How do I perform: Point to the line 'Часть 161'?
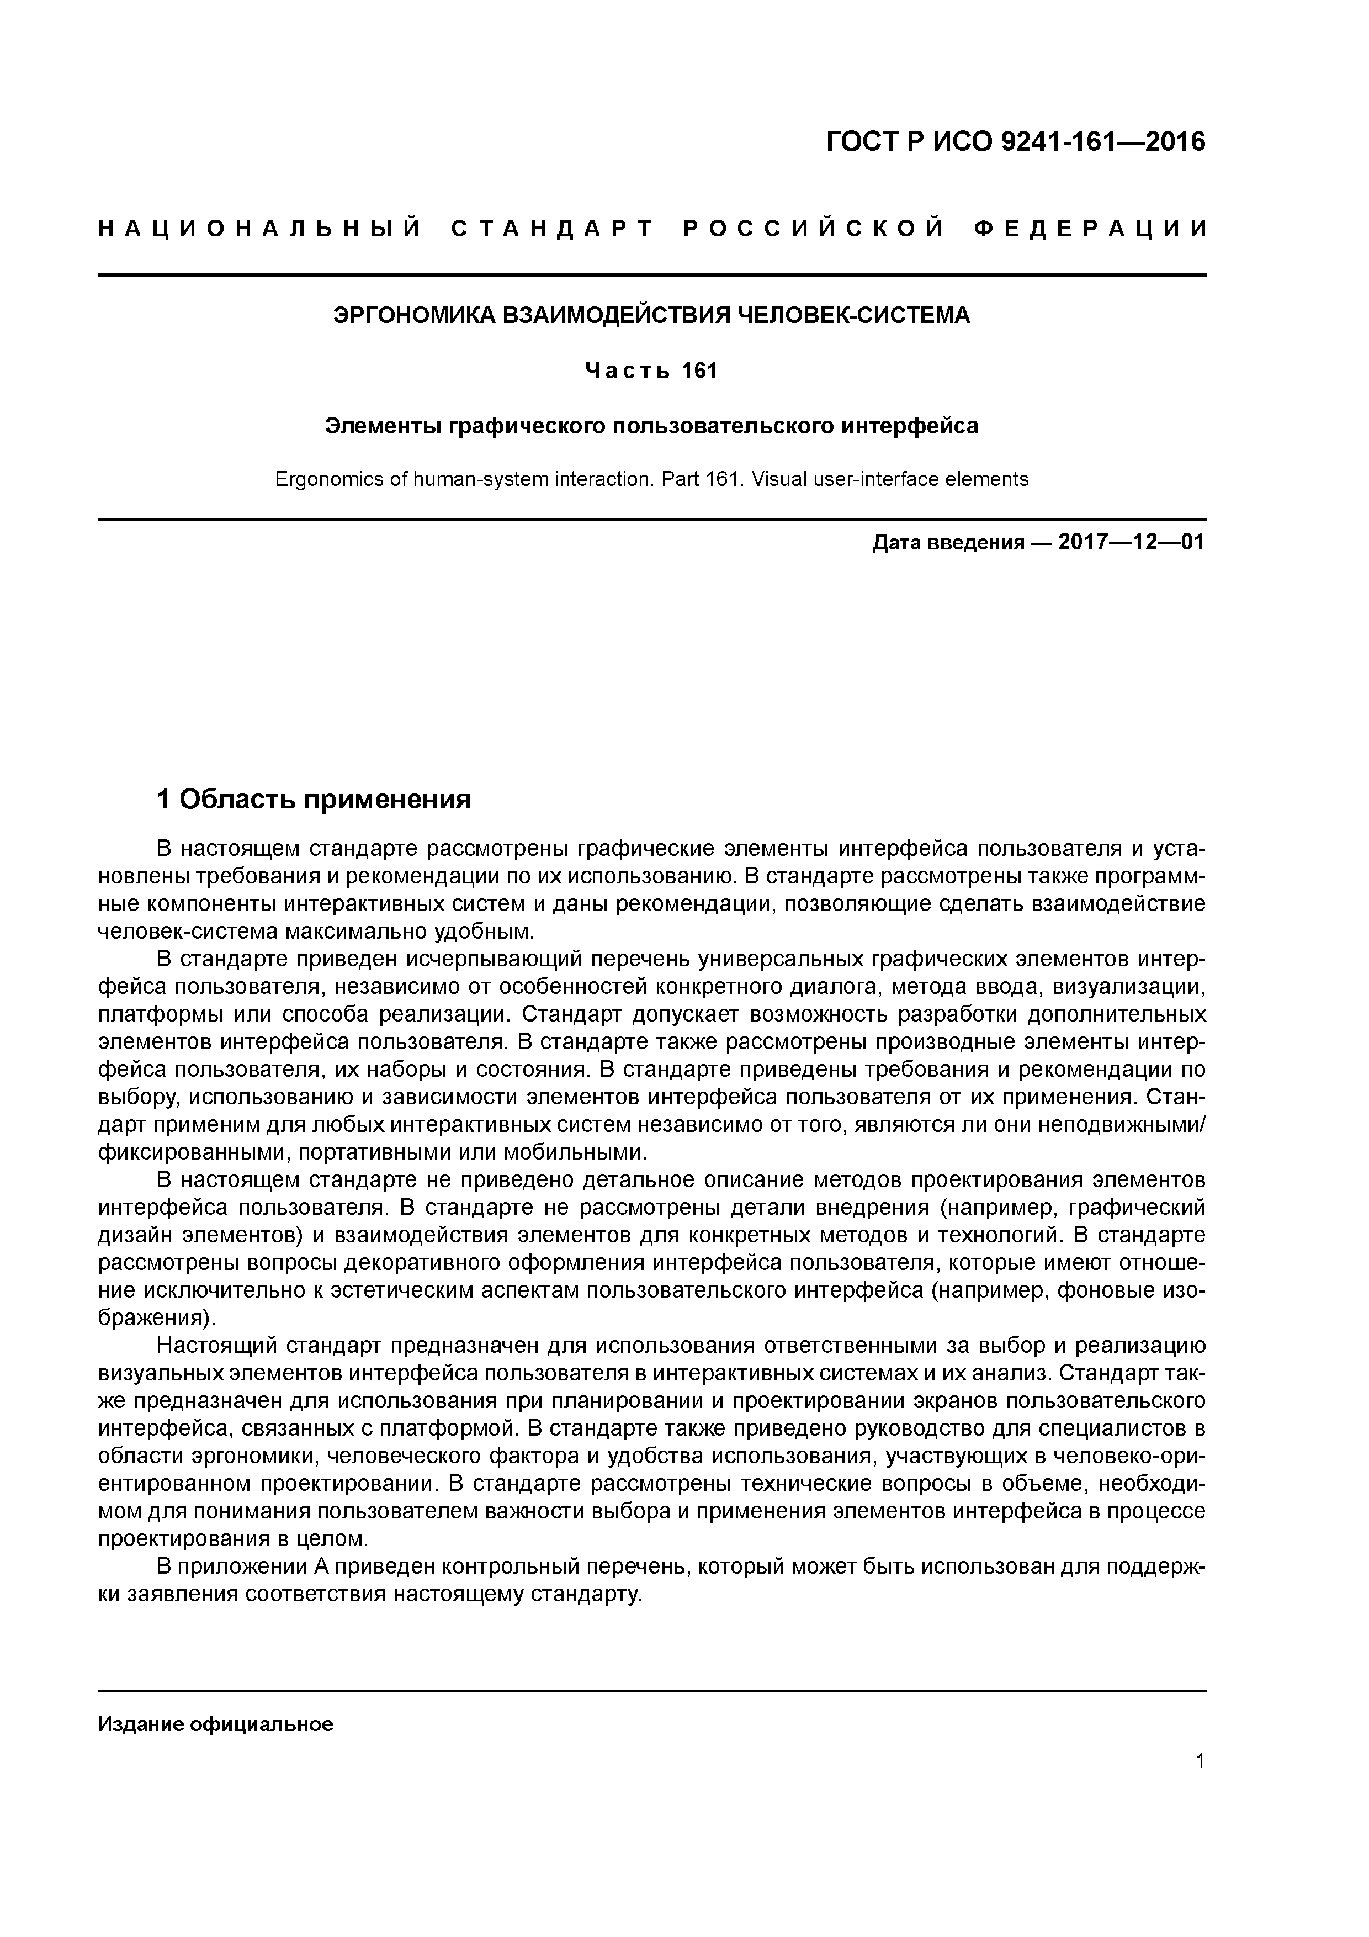pos(651,371)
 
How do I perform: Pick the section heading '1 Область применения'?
pos(314,799)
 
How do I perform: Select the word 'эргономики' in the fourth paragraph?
pos(250,1456)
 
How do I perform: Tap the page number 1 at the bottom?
pos(1200,1761)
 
